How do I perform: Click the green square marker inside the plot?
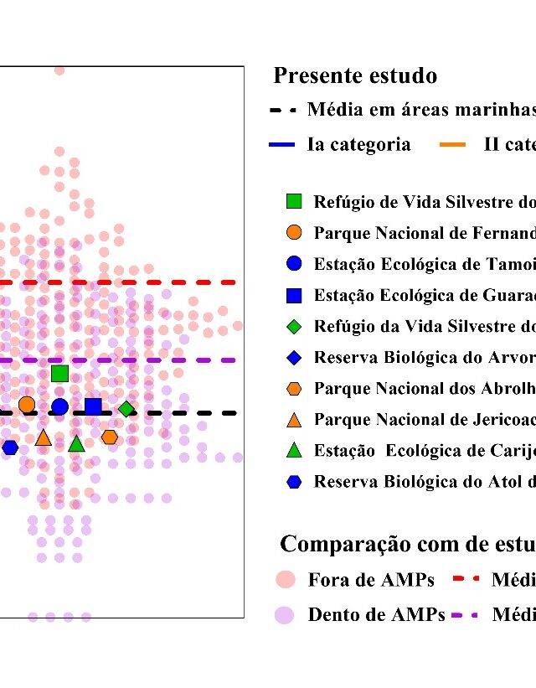pos(59,374)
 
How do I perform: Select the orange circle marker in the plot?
pos(27,405)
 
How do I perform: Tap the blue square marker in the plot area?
pos(93,407)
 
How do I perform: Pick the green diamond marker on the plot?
pos(126,409)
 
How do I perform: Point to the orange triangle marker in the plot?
pos(44,437)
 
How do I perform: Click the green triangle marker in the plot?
pos(76,444)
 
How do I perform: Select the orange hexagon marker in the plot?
pos(110,437)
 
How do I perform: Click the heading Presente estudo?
pos(355,76)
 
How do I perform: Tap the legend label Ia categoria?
pos(358,144)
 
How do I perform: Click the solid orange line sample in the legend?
pos(452,145)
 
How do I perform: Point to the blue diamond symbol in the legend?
pos(293,358)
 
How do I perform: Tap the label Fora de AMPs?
pos(371,580)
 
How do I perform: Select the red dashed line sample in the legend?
pos(465,579)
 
